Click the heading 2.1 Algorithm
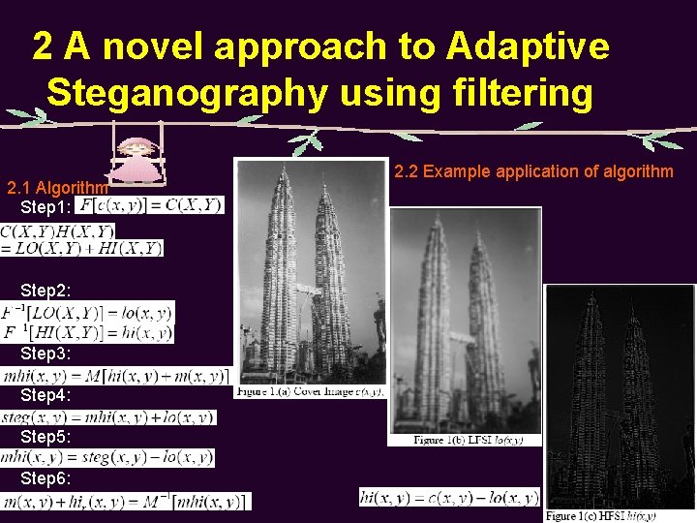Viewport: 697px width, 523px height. [57, 187]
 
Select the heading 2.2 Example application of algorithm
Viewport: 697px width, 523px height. [533, 171]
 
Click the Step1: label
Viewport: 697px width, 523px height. [45, 207]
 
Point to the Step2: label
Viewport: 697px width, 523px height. [45, 291]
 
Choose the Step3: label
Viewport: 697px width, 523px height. [45, 354]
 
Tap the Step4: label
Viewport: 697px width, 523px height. [45, 395]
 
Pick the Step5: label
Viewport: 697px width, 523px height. [45, 437]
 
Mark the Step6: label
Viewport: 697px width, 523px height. [45, 478]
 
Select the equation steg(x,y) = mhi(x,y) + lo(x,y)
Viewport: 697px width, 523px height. [108, 416]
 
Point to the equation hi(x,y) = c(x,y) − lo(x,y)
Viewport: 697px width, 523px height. [449, 497]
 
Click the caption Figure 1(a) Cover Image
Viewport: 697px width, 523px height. [310, 392]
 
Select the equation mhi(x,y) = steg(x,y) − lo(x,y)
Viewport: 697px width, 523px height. [107, 457]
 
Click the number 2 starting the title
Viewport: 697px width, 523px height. [44, 46]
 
